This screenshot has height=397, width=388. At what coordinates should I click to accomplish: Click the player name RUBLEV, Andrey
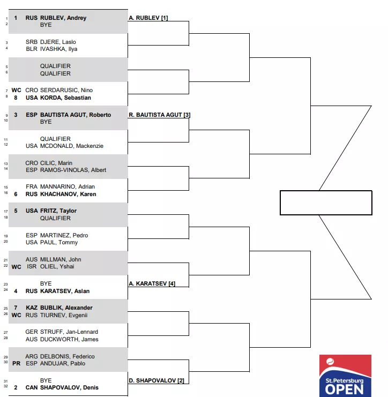(x=63, y=18)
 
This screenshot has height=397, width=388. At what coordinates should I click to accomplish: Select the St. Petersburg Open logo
(x=345, y=376)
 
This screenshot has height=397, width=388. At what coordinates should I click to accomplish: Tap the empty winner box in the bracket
(x=326, y=203)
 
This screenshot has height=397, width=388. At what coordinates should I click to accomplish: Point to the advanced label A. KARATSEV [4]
(x=152, y=283)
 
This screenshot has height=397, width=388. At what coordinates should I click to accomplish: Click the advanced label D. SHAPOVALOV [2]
(x=156, y=380)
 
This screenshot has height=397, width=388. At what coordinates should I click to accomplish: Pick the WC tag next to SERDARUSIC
(x=17, y=91)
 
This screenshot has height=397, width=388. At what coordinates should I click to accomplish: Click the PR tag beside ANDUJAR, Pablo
(x=17, y=364)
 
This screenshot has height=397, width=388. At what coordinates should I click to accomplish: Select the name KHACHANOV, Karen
(x=68, y=194)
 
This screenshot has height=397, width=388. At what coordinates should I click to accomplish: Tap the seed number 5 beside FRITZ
(x=16, y=211)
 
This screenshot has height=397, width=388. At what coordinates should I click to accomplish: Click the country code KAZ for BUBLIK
(x=32, y=308)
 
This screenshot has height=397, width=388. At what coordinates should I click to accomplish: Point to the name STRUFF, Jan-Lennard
(x=69, y=332)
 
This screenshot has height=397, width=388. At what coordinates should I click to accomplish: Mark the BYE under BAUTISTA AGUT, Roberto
(x=46, y=122)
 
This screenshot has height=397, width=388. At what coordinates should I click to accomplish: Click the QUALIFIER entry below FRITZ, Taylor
(x=55, y=218)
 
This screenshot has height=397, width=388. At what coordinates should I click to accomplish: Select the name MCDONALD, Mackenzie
(x=72, y=146)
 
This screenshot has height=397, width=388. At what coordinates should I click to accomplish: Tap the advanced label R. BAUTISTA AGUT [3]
(x=160, y=115)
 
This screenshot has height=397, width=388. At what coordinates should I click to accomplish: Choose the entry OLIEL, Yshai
(x=57, y=267)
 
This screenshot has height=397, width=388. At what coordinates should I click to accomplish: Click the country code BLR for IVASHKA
(x=32, y=49)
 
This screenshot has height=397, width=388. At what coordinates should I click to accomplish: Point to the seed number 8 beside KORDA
(x=16, y=98)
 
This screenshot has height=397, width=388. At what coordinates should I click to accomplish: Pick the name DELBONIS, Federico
(x=68, y=356)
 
